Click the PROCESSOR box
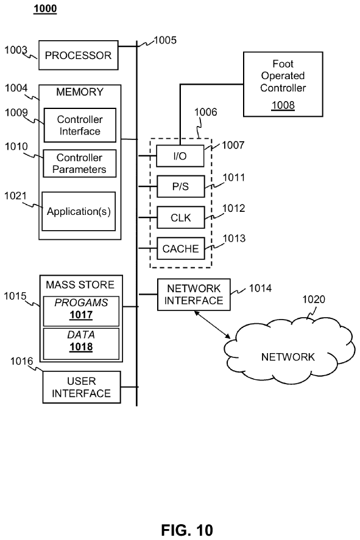[x=78, y=55]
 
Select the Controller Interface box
[x=80, y=125]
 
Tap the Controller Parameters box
[x=80, y=163]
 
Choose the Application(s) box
[x=79, y=211]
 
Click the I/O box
[x=180, y=156]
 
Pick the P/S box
[x=180, y=186]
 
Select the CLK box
[x=180, y=217]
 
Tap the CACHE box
[x=180, y=248]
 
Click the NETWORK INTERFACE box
[x=194, y=295]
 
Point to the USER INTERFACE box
[x=81, y=387]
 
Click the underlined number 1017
[x=81, y=315]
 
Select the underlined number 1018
[x=81, y=347]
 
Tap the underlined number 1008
[x=283, y=105]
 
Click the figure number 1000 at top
[x=45, y=9]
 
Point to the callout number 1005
[x=165, y=40]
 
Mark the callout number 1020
[x=314, y=300]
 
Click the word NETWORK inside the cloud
[x=288, y=357]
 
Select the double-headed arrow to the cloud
[x=212, y=324]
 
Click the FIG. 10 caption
[x=187, y=530]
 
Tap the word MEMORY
[x=80, y=92]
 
